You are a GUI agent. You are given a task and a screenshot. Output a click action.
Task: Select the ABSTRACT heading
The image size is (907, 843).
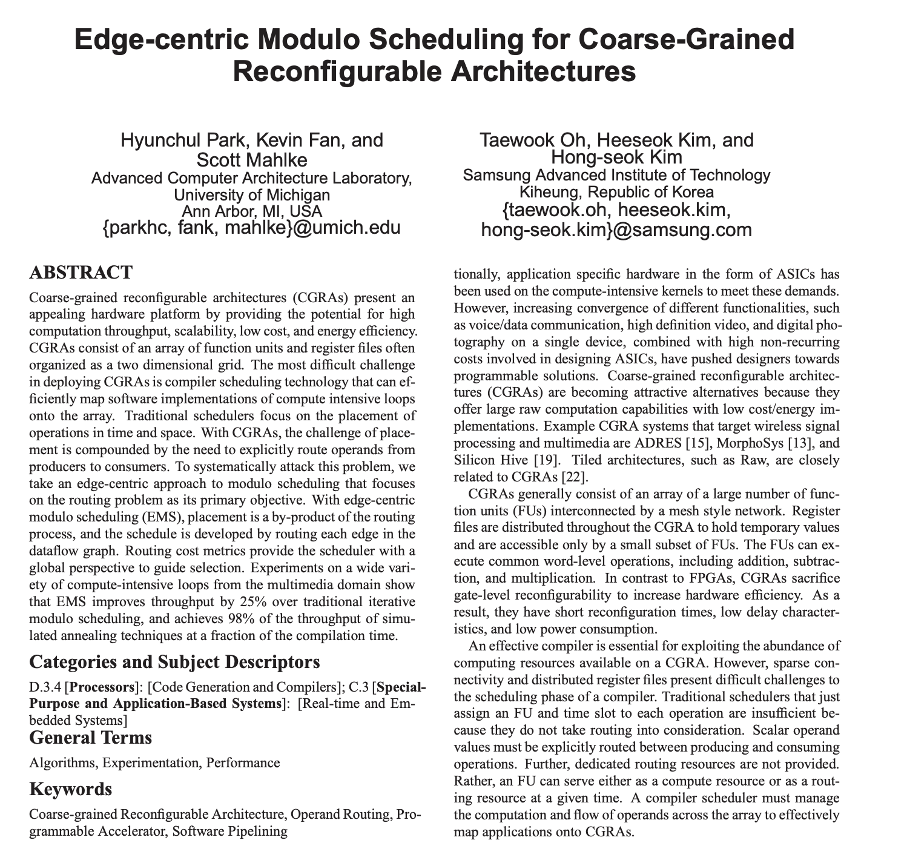[x=81, y=273]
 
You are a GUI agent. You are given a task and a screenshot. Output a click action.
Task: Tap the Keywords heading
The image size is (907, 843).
[x=70, y=790]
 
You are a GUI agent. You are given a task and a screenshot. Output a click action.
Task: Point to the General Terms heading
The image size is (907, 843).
[x=90, y=738]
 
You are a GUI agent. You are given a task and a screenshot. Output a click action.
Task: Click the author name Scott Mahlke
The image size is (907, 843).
[x=252, y=159]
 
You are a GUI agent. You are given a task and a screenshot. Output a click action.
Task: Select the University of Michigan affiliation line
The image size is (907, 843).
[x=252, y=195]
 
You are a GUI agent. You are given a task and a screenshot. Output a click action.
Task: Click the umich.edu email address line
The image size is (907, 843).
[x=252, y=228]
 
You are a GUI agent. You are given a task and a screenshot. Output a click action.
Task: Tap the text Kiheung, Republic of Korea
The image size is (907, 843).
[x=617, y=192]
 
